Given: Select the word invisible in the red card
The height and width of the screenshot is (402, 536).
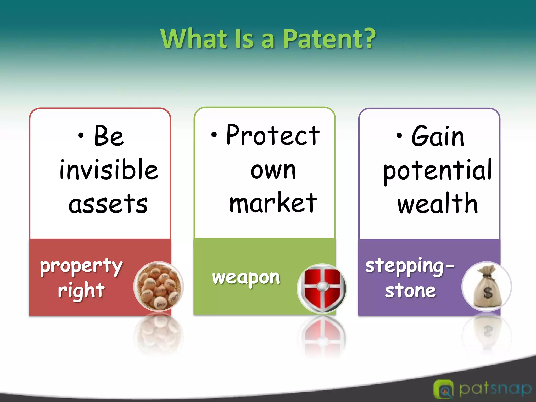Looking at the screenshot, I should tap(109, 170).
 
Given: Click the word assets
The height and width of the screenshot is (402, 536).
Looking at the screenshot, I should tap(108, 204).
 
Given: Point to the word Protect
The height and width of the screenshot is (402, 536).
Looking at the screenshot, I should tap(273, 135).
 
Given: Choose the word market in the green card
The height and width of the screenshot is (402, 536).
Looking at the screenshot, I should tap(273, 203).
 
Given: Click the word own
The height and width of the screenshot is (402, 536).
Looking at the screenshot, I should tap(273, 170).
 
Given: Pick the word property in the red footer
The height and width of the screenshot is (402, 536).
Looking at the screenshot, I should tap(81, 266).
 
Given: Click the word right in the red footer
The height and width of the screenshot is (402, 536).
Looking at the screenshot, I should tap(81, 291).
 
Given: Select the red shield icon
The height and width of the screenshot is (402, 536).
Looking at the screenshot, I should tap(322, 288).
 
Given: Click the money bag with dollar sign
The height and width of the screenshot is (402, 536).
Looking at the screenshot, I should tap(487, 286).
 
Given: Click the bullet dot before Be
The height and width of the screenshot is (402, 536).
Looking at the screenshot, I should tap(81, 136).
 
